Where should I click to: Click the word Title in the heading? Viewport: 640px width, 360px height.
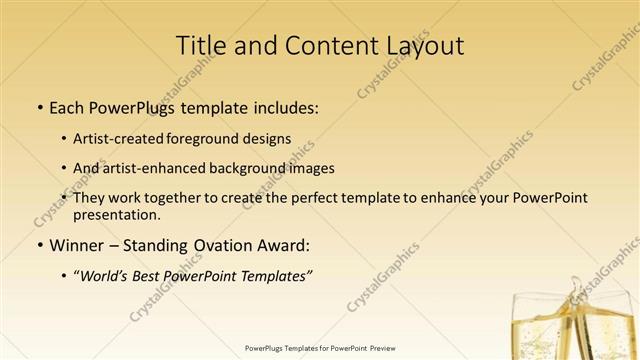point(199,46)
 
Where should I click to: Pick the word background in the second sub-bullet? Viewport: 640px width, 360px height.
point(253,168)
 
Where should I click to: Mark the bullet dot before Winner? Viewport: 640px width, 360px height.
point(39,244)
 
